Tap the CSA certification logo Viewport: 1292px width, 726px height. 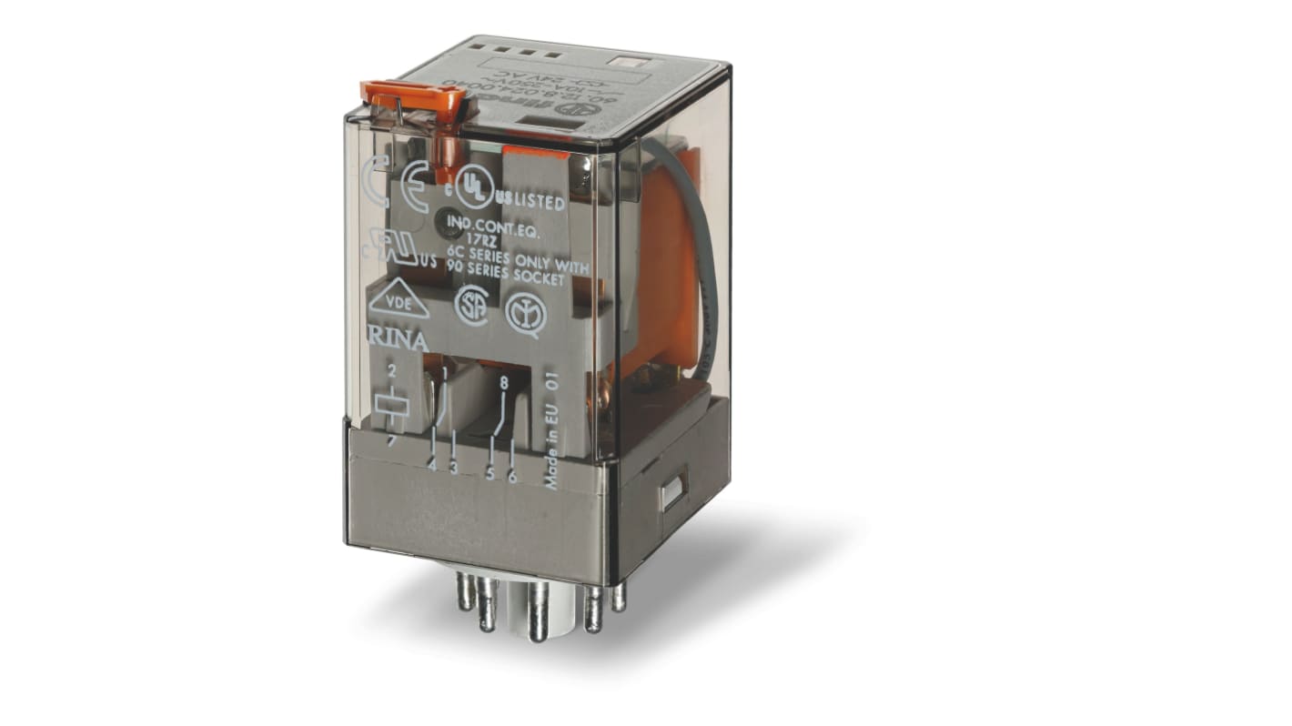[x=470, y=301]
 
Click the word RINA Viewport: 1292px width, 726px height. [x=397, y=341]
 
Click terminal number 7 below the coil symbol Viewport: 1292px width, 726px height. [x=391, y=442]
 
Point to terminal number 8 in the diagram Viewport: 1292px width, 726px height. [x=503, y=383]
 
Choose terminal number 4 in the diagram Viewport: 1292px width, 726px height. [x=431, y=465]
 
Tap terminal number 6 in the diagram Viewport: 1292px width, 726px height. [x=512, y=476]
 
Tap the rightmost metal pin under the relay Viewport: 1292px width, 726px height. [x=619, y=595]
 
